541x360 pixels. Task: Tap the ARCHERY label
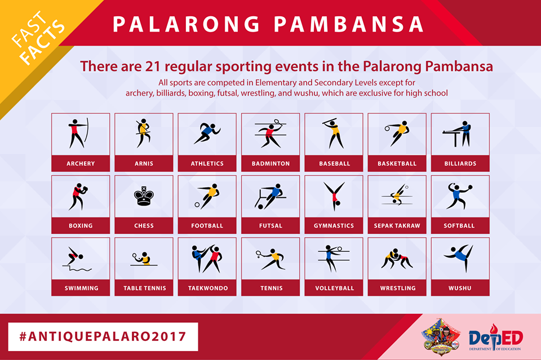pos(81,163)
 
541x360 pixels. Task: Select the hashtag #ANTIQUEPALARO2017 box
pos(103,337)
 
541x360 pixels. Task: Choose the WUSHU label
pos(460,288)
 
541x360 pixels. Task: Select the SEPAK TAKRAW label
pos(397,226)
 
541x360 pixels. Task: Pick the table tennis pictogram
pos(143,259)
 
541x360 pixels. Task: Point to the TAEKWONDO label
pos(208,288)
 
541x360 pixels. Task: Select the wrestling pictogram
pos(397,259)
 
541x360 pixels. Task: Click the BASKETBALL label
pos(397,163)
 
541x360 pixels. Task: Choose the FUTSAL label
pos(270,226)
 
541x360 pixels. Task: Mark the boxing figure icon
pos(79,196)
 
